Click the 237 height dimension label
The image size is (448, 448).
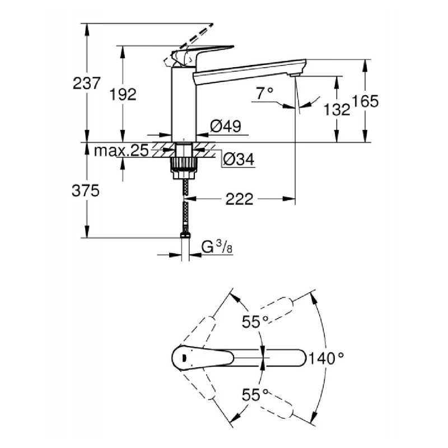(x=86, y=83)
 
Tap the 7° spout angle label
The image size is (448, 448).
(x=264, y=94)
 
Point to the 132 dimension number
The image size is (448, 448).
(x=337, y=110)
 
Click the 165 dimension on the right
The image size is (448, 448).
(x=367, y=101)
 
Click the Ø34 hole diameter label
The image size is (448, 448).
(x=239, y=160)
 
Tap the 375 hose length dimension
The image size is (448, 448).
(x=86, y=191)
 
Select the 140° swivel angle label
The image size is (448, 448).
(x=325, y=357)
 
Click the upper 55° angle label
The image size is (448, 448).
(x=255, y=321)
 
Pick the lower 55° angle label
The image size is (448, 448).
(x=255, y=395)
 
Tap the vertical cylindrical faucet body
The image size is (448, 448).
(x=183, y=104)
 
